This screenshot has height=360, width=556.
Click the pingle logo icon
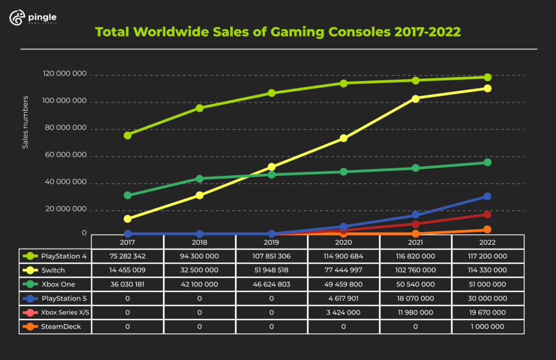click(x=17, y=18)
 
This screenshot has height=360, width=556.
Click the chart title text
click(x=278, y=32)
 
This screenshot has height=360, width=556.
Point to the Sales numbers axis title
click(x=25, y=123)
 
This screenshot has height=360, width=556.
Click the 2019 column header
click(x=271, y=242)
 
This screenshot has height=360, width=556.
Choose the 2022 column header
click(x=488, y=242)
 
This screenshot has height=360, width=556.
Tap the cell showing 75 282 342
click(x=128, y=256)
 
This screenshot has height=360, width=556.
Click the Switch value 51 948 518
click(x=271, y=270)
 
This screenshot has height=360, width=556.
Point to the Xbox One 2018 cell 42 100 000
click(x=200, y=285)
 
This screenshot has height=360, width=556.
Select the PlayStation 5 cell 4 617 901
click(x=344, y=299)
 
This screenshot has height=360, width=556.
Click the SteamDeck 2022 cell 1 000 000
click(x=488, y=327)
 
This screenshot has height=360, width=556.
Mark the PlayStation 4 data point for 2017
click(x=128, y=135)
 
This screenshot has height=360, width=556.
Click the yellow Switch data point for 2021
click(x=415, y=99)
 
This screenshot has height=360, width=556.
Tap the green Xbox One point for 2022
click(x=488, y=162)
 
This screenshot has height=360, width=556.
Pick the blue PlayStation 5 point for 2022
click(x=488, y=197)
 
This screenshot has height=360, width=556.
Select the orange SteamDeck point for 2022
click(x=488, y=230)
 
